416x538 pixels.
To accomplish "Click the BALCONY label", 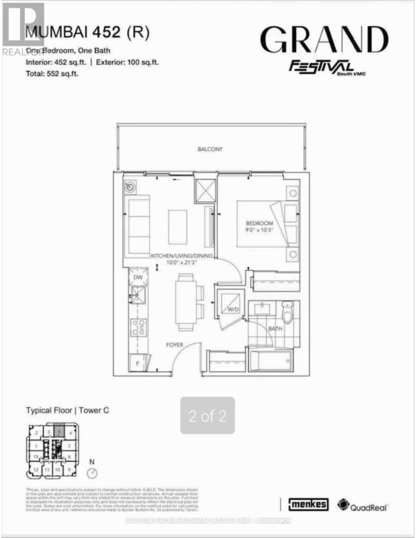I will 210,149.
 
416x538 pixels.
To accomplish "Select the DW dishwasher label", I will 138,278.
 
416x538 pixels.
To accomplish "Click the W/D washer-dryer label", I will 232,310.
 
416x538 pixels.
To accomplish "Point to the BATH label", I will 275,329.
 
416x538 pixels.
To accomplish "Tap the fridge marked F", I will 138,363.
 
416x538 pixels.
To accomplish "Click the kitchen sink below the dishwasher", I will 138,295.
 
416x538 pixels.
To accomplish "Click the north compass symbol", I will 92,473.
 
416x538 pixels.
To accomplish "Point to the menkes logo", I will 311,504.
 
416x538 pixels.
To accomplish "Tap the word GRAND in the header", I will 324,40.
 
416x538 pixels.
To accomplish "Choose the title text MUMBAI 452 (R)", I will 88,33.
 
